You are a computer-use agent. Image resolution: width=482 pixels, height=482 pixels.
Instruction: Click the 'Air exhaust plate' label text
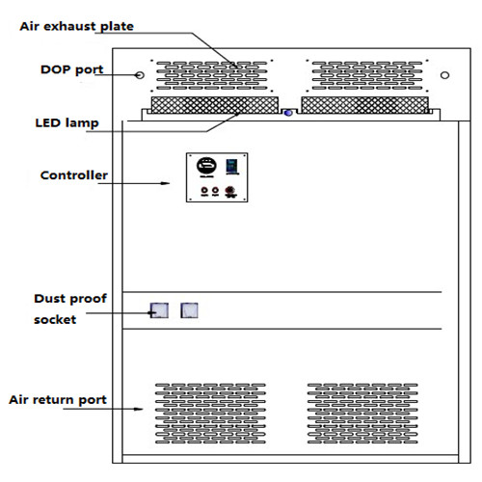[x=76, y=26]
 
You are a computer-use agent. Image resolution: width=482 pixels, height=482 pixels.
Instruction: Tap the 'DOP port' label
[x=71, y=70]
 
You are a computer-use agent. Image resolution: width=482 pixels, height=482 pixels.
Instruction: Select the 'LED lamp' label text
[x=67, y=123]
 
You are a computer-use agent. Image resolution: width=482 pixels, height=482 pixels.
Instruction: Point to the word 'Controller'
[x=74, y=175]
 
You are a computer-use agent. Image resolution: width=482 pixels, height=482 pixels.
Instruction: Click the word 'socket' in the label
[x=55, y=320]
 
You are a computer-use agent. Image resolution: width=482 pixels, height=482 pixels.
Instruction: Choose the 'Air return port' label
[x=58, y=400]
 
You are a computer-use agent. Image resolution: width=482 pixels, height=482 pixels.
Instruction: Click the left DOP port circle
[x=140, y=75]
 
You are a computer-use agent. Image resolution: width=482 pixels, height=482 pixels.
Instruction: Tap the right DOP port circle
[x=444, y=75]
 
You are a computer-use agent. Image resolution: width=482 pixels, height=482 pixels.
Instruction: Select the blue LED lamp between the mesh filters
[x=288, y=113]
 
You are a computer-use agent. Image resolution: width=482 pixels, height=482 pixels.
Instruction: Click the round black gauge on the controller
[x=206, y=166]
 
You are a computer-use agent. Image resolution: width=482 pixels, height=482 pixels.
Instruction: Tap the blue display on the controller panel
[x=232, y=166]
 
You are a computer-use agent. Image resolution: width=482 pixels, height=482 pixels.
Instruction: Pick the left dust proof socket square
[x=159, y=310]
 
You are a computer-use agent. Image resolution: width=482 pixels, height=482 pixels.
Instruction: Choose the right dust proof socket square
[x=189, y=310]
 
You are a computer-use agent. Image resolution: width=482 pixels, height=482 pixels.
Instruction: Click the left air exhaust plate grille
[x=212, y=75]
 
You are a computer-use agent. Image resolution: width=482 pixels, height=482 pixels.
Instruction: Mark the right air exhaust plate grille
[x=367, y=75]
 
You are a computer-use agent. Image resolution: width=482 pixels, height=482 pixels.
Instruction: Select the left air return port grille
[x=210, y=414]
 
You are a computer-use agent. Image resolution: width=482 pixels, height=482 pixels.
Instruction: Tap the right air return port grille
[x=362, y=414]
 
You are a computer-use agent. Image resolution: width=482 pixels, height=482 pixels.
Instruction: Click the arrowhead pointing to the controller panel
[x=166, y=183]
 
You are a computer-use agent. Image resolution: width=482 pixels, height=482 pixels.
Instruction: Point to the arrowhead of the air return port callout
[x=139, y=409]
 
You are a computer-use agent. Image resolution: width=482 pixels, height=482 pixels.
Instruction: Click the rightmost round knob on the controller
[x=229, y=191]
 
